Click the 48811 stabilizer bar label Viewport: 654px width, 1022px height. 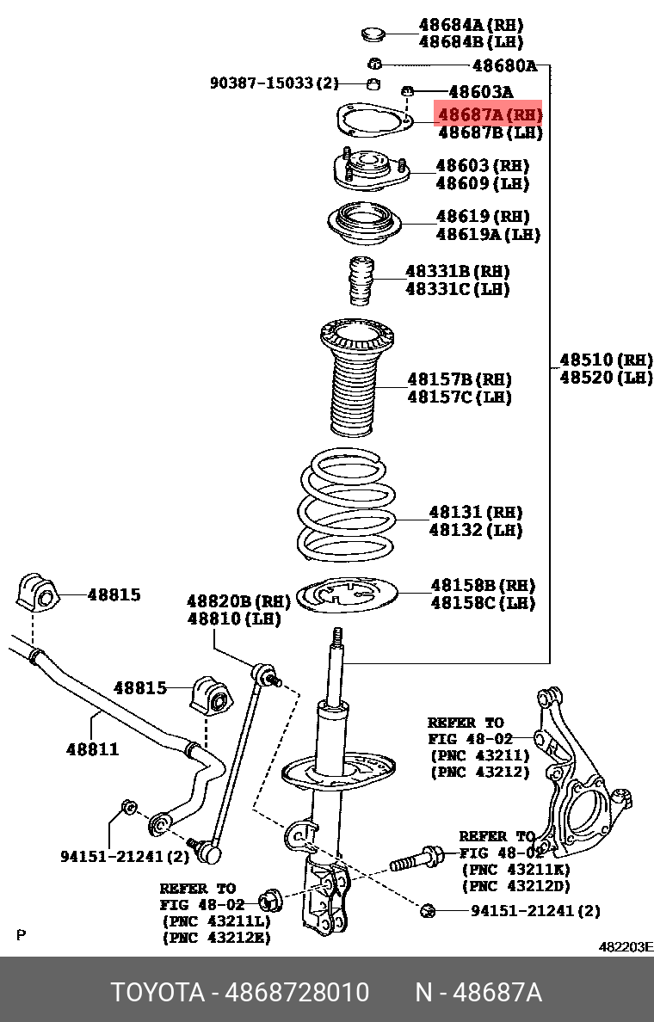coord(92,749)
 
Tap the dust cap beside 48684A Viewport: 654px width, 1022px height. coord(373,34)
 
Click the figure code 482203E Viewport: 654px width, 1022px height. coord(626,947)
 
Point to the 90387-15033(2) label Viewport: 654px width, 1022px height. coord(275,83)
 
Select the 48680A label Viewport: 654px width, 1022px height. coord(504,65)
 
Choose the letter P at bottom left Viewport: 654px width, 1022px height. coord(22,934)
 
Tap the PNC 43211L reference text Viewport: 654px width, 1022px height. coord(216,921)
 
